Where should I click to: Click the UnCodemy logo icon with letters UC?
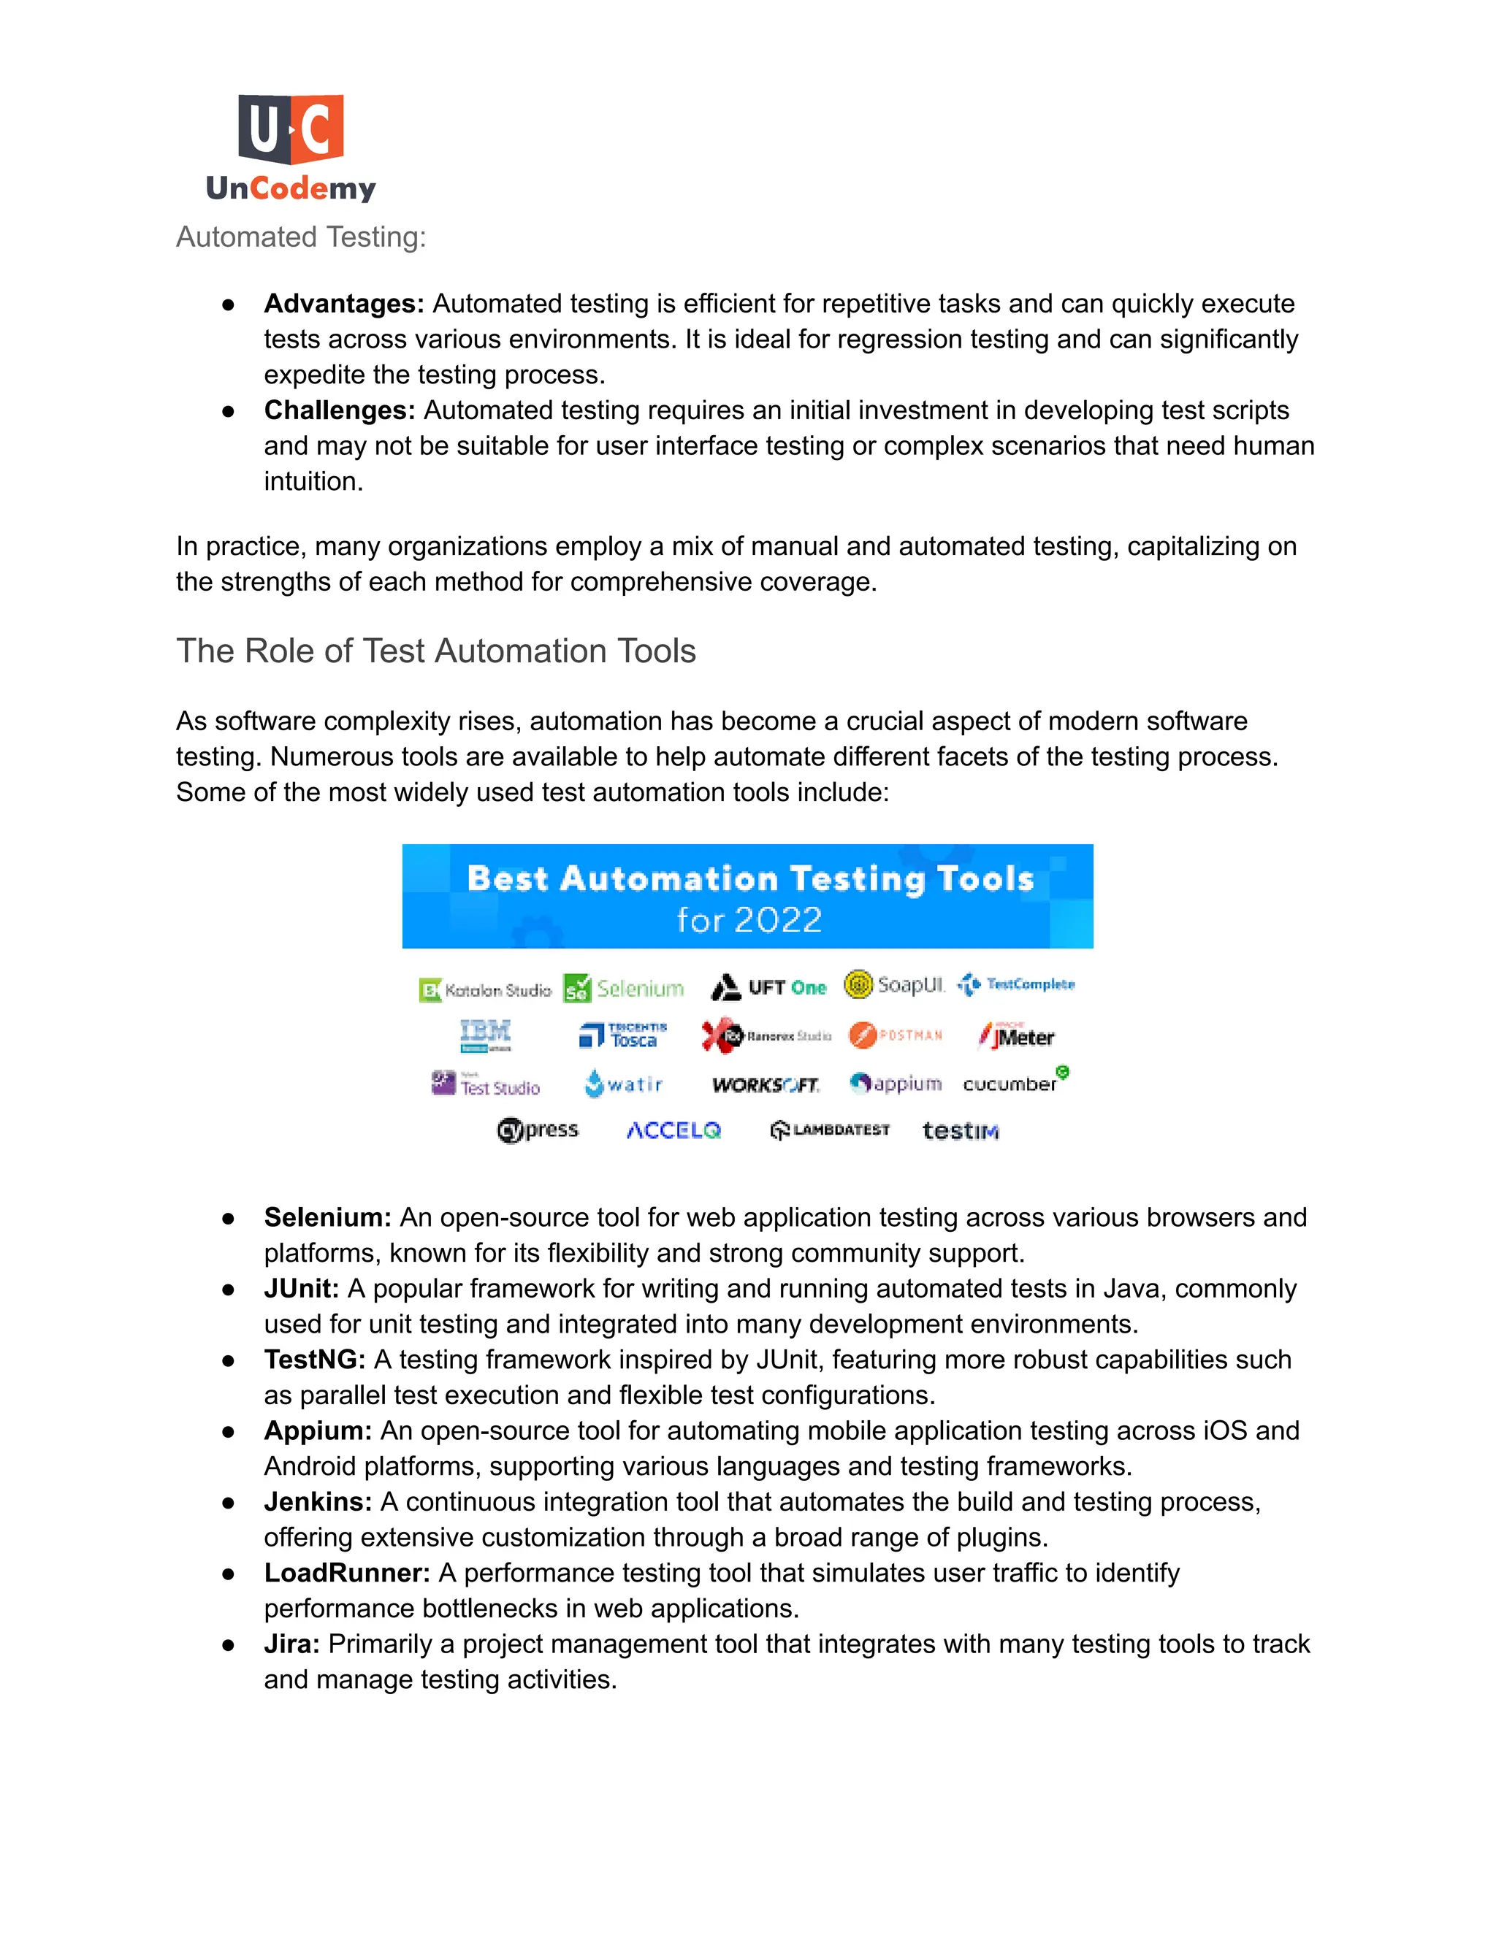tap(291, 129)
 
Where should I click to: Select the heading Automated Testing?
tap(300, 237)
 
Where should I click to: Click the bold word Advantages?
tap(344, 304)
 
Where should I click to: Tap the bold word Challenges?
tap(340, 410)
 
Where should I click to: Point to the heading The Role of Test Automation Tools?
tap(435, 651)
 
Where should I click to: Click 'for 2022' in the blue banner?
tap(748, 919)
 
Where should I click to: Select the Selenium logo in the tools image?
tap(624, 988)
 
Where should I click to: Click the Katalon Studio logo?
tap(485, 989)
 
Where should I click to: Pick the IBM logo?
tap(485, 1034)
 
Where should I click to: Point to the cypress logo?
tap(538, 1130)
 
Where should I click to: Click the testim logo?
tap(960, 1130)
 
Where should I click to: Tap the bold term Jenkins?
tap(317, 1502)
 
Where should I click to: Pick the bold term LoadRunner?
tap(346, 1573)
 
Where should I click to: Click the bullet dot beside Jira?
tap(229, 1644)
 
